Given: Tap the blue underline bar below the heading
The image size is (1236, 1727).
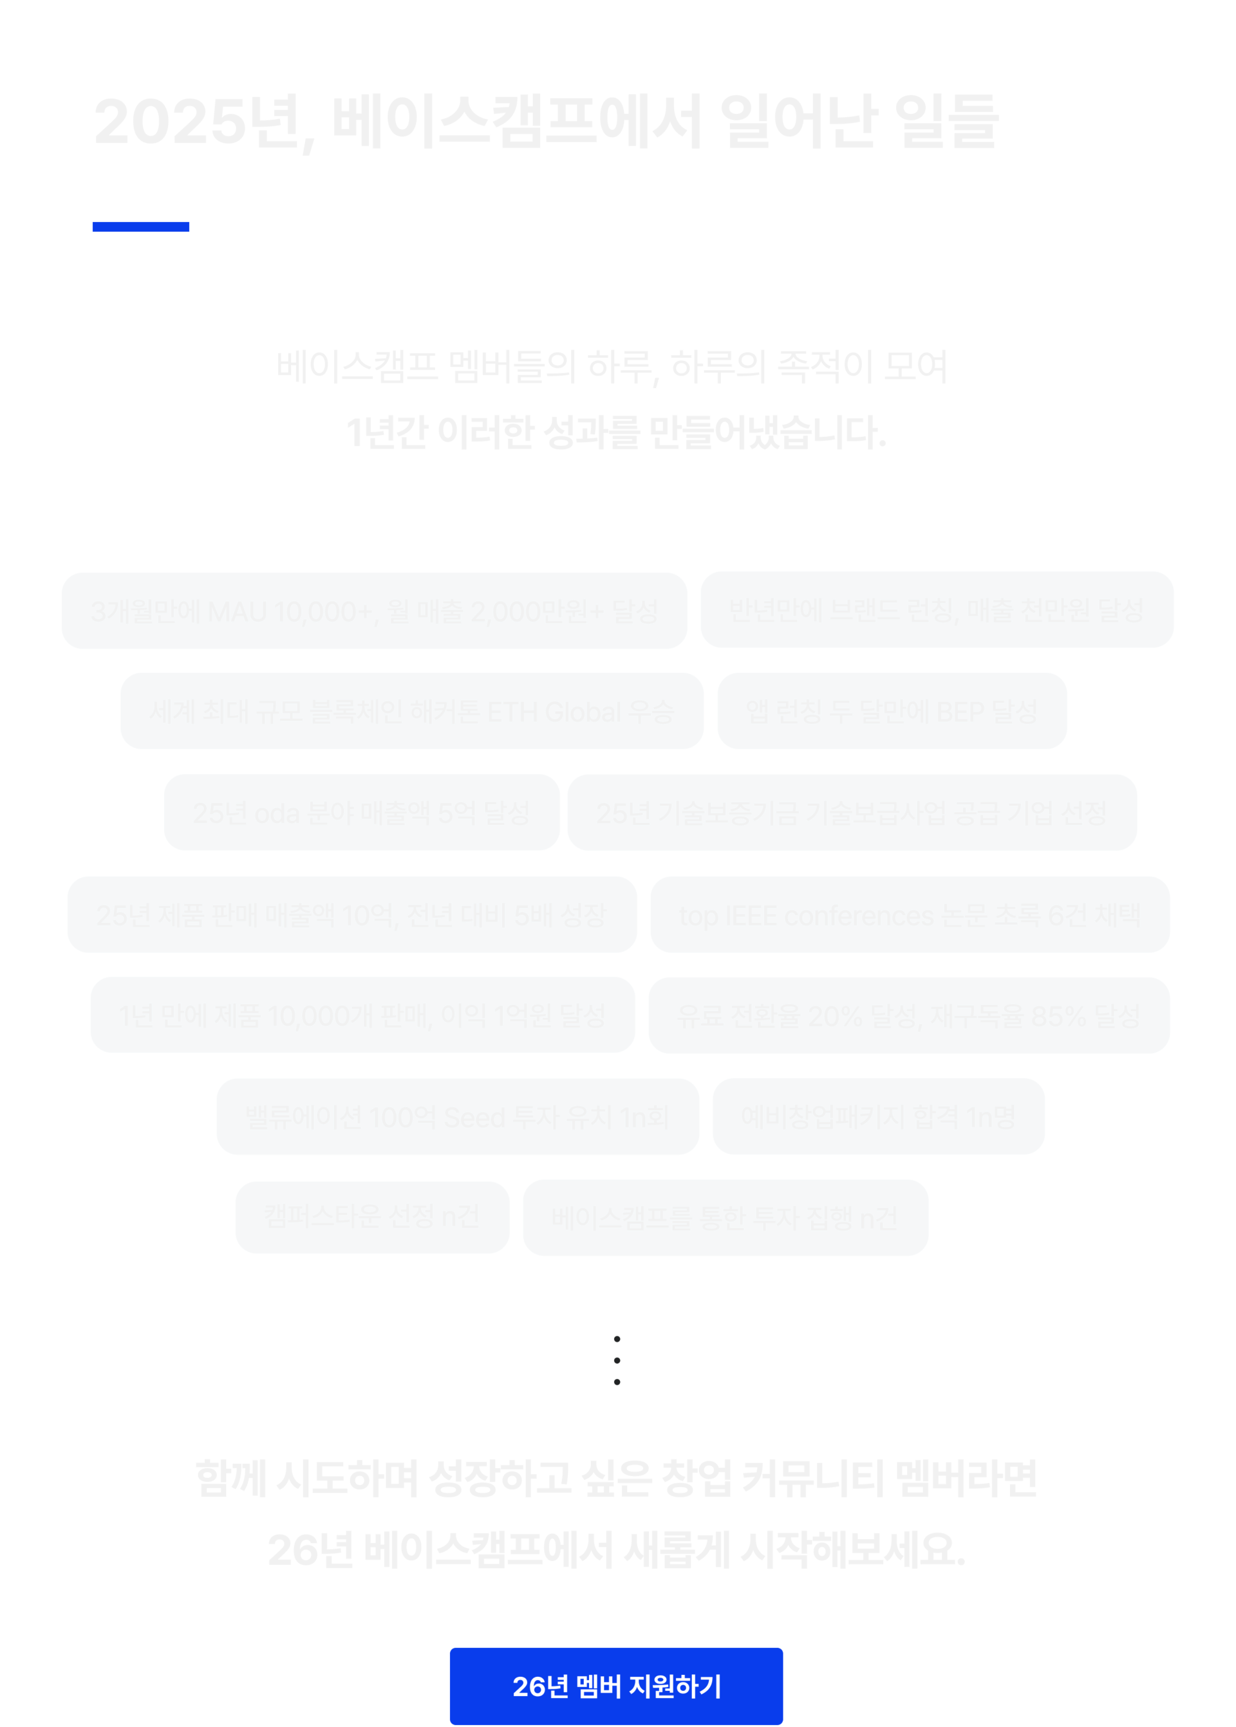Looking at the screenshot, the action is point(141,226).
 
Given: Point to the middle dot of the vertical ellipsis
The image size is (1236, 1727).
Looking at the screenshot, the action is point(617,1360).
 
